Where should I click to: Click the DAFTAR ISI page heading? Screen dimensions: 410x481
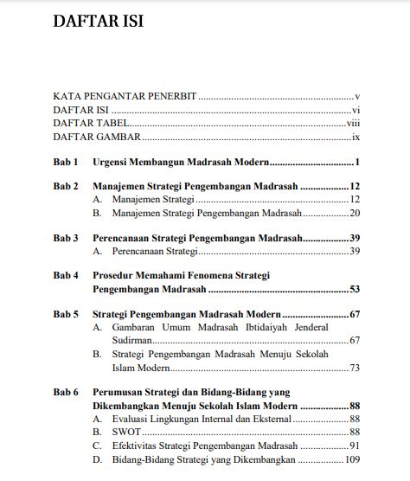pos(98,22)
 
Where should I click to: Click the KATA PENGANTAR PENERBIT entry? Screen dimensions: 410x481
pos(125,97)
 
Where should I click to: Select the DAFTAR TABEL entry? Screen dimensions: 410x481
pos(86,124)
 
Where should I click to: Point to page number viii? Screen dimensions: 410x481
pos(352,124)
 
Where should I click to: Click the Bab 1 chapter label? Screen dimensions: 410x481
pos(66,162)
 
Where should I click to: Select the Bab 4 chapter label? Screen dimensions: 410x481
pos(66,275)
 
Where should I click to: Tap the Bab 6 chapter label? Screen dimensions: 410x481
pos(66,392)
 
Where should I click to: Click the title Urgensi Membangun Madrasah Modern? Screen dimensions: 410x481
pos(181,162)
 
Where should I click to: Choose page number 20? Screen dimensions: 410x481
pos(355,212)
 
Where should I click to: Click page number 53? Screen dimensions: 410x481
pos(354,289)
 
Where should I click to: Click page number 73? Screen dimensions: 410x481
pos(355,368)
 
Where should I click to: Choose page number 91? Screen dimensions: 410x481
pos(355,446)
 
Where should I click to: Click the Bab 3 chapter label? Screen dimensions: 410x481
pos(66,237)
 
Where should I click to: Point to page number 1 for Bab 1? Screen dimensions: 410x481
pos(357,162)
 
